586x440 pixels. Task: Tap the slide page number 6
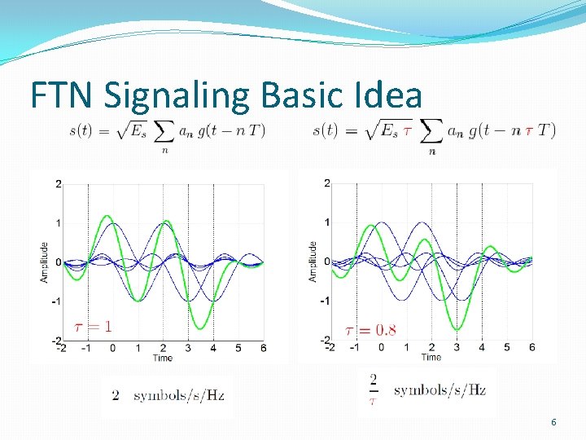point(554,422)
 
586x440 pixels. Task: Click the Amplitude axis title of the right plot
point(313,262)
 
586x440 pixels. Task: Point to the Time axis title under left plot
point(162,358)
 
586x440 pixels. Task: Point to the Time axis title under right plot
point(431,357)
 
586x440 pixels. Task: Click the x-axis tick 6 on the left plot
point(263,348)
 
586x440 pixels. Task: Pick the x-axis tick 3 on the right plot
point(456,348)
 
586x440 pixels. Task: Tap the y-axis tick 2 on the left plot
point(58,184)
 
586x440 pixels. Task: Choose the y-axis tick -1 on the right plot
point(324,301)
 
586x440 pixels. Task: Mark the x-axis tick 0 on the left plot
point(112,348)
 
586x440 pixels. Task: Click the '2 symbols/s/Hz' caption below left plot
point(168,395)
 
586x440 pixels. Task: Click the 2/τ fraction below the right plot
point(374,389)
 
